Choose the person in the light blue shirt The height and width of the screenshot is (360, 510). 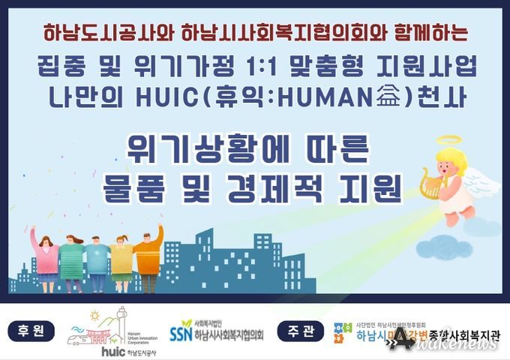[97, 258]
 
